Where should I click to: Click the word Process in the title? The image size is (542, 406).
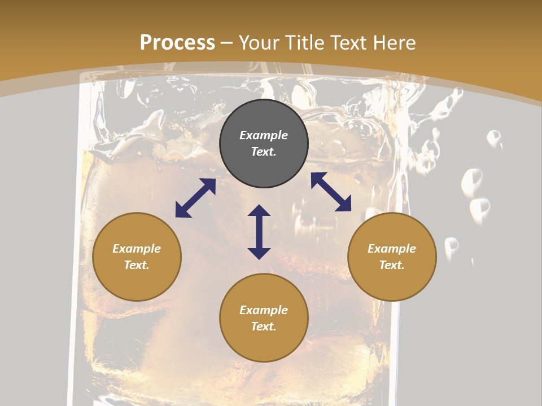click(177, 42)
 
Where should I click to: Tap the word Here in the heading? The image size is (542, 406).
click(393, 42)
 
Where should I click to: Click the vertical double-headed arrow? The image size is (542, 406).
click(259, 232)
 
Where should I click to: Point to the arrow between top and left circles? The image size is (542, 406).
click(195, 198)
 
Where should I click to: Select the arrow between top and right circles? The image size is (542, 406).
click(331, 192)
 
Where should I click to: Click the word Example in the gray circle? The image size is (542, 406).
click(264, 135)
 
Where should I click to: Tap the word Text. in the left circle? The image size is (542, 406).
click(137, 265)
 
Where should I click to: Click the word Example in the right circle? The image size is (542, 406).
click(392, 249)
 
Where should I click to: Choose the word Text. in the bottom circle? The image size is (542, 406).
click(264, 326)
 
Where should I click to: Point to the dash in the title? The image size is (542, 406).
click(227, 43)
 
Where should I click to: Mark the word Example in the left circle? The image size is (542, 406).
click(137, 249)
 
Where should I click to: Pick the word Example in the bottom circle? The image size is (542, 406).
click(264, 310)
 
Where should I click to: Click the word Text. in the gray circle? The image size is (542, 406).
click(264, 152)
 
